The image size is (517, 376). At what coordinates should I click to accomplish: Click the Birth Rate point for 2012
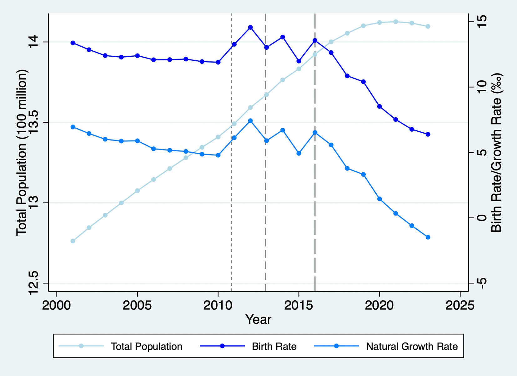250,28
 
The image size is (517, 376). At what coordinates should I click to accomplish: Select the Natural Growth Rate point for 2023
428,237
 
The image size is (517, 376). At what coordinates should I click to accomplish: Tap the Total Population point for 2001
73,241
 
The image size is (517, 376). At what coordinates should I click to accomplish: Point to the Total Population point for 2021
396,22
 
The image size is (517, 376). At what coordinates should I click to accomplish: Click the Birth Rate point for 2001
73,43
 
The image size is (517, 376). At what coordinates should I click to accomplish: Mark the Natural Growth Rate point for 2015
299,153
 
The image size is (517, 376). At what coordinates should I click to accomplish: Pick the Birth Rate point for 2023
428,134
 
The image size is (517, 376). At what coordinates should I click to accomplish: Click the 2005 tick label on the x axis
137,305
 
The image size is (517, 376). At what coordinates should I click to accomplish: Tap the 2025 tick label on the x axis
460,305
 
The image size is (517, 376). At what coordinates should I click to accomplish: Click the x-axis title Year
258,319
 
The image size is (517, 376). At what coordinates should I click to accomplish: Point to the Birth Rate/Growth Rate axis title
496,152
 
